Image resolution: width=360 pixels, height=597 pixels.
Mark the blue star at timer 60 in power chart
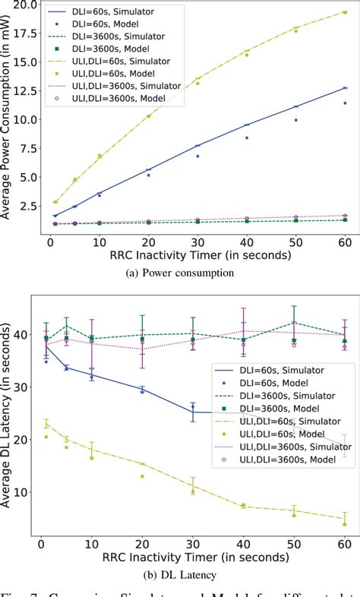pos(345,103)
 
